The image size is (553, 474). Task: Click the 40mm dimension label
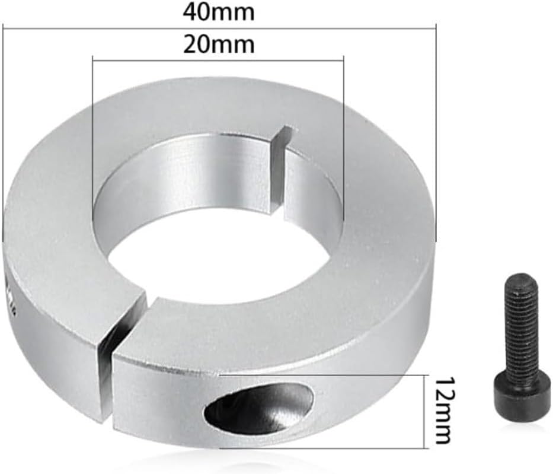[218, 11]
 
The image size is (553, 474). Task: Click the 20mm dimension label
[218, 44]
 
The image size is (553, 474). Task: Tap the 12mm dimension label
[443, 410]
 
